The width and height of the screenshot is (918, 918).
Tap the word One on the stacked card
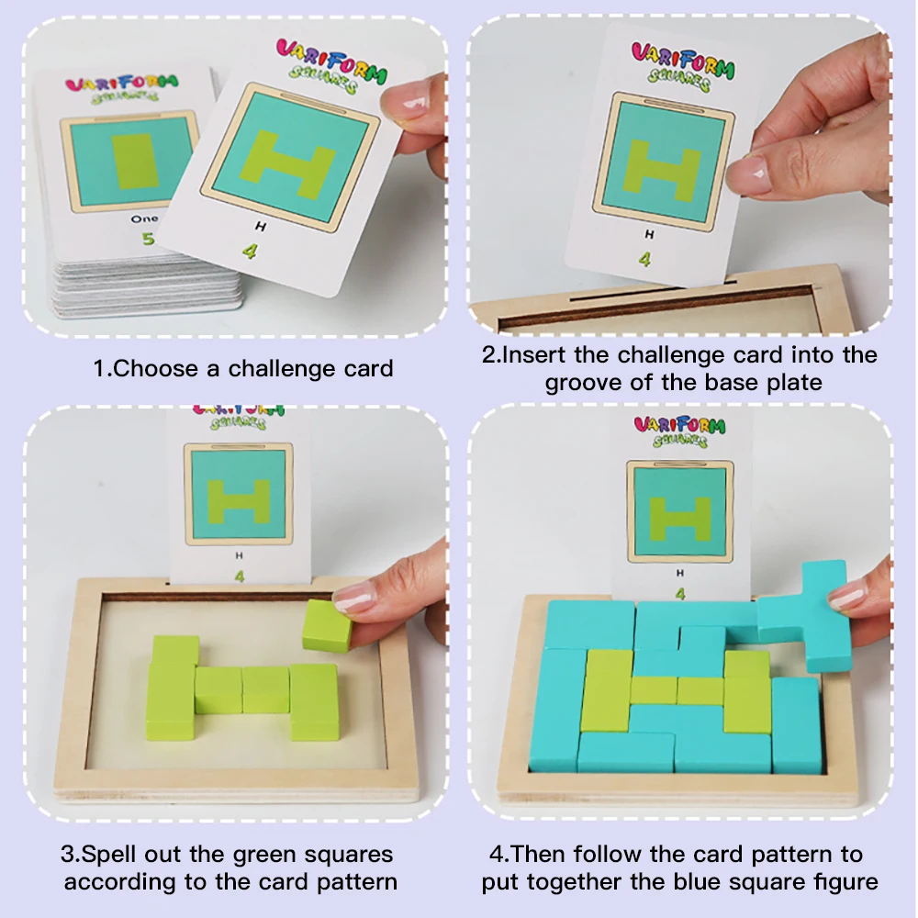point(144,218)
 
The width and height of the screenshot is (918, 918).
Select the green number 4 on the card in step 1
point(249,248)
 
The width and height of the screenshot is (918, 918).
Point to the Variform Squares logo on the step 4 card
point(679,431)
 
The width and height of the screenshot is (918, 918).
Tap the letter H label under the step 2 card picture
point(648,234)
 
